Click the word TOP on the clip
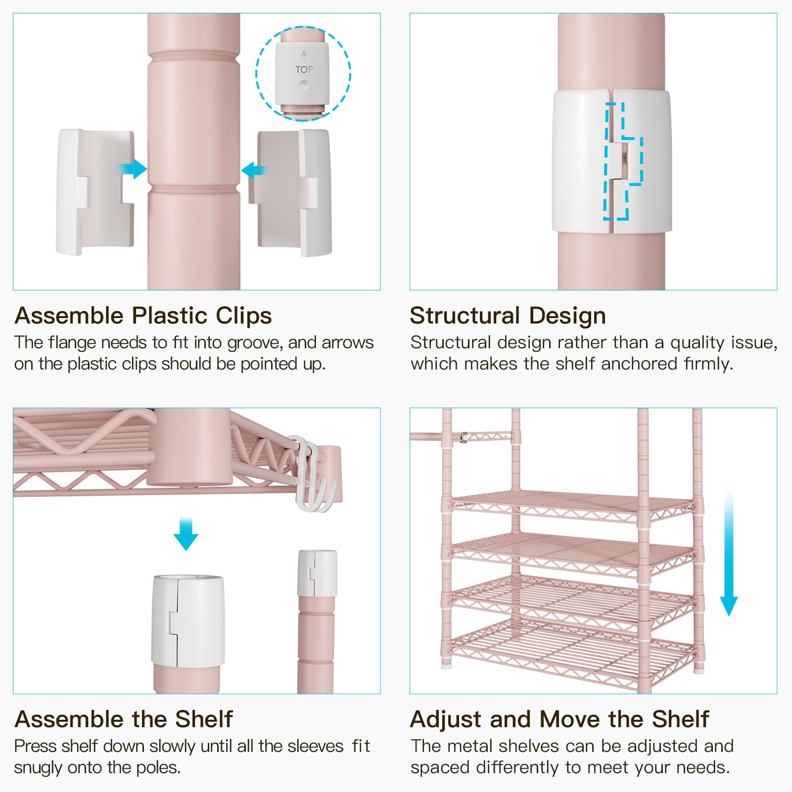click(304, 70)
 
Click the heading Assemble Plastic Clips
click(143, 316)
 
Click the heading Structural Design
click(508, 316)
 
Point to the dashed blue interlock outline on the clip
click(622, 161)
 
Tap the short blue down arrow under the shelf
click(186, 534)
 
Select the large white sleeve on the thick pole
click(188, 621)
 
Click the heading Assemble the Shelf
click(124, 719)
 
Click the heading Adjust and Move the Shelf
click(559, 719)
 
